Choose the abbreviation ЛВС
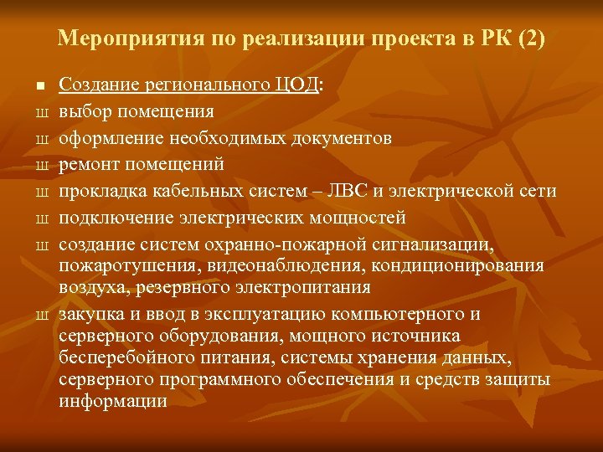[350, 192]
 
